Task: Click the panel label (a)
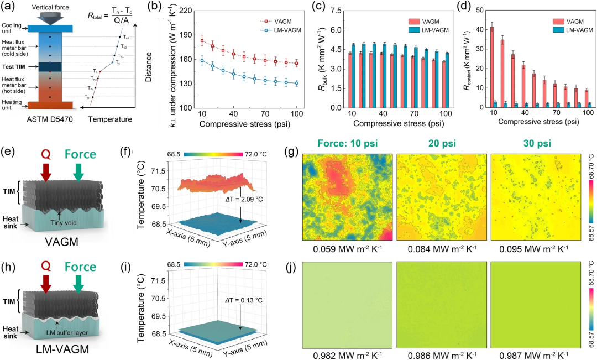[x=8, y=8]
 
